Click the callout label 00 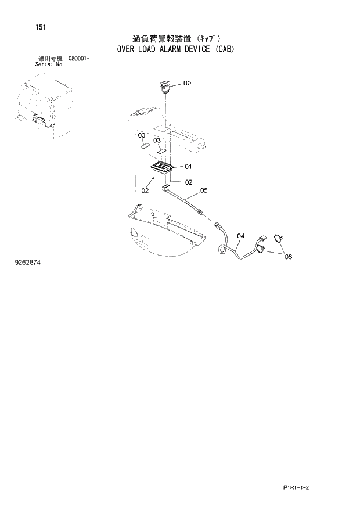pos(187,83)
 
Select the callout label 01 pos(188,167)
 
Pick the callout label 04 pos(241,236)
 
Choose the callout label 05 pos(203,190)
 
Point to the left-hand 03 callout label pos(141,135)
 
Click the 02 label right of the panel pos(188,182)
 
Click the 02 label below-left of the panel pos(145,190)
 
